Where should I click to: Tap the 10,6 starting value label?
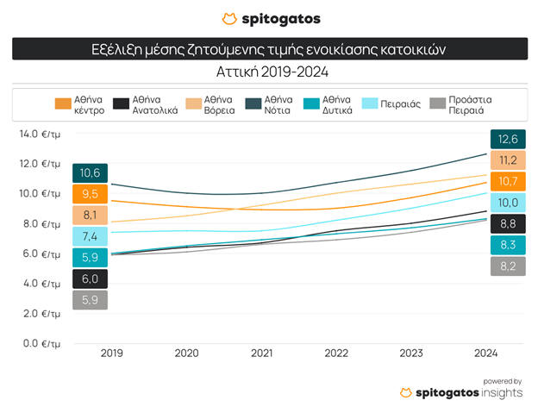[90, 173]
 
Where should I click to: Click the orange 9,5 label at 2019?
[90, 194]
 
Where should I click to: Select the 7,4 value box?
[90, 236]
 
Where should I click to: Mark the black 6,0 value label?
[90, 278]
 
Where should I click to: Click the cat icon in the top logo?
[228, 18]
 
